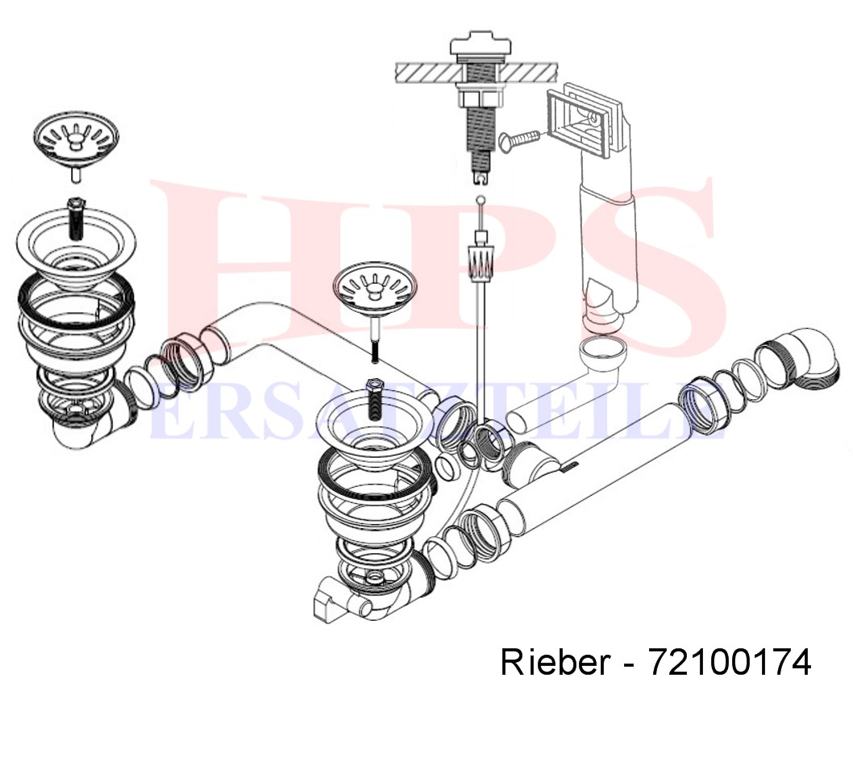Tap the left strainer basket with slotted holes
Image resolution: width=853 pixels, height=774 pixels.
tap(76, 138)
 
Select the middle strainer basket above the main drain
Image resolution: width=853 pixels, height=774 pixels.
tap(374, 288)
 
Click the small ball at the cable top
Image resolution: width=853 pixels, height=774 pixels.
tap(481, 200)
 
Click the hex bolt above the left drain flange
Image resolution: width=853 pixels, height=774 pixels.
tap(76, 218)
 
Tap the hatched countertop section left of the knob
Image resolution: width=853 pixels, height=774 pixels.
tap(425, 72)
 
